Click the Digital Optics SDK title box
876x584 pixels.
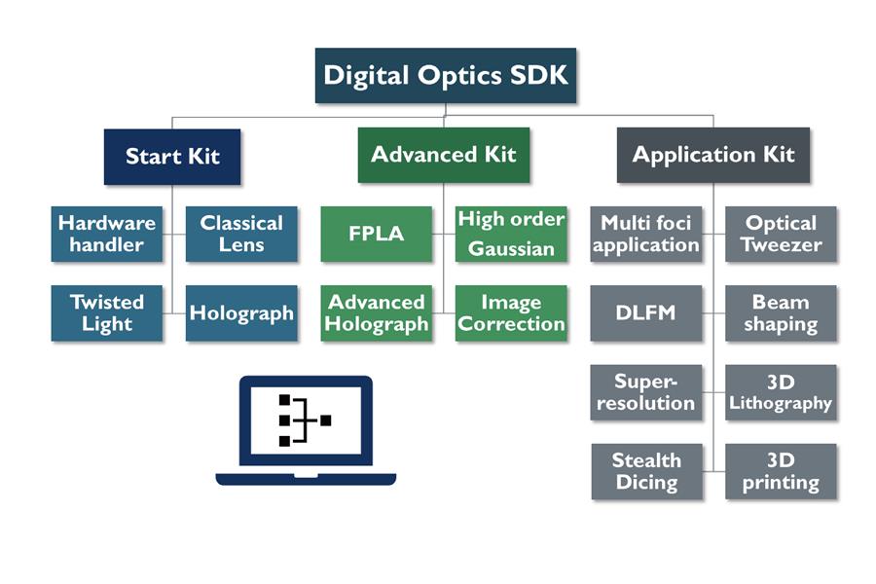[446, 75]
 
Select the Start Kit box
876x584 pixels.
[172, 156]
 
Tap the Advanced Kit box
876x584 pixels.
[444, 155]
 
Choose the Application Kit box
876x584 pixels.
[713, 155]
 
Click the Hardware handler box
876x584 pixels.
[107, 234]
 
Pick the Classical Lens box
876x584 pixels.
[241, 234]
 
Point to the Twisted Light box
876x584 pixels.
[107, 312]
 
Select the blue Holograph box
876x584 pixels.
[241, 312]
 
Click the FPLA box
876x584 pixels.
[377, 234]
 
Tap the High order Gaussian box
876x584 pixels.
[511, 234]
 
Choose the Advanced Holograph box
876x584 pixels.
[377, 312]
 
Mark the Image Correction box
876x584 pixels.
[511, 312]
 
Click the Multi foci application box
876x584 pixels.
[646, 234]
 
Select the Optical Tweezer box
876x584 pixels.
[781, 234]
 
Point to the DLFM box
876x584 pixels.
[646, 312]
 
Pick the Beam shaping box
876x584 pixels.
[781, 312]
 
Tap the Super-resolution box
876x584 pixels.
[646, 392]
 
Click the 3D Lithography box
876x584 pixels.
[781, 392]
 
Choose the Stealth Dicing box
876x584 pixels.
[646, 471]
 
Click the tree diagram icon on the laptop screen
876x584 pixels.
[305, 420]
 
